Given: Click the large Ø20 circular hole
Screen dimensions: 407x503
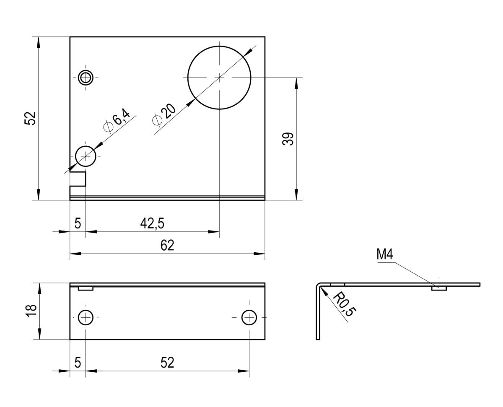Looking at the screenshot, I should point(219,78).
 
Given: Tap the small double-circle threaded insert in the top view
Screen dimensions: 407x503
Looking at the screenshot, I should point(86,78).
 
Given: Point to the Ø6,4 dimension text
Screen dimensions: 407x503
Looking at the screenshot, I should point(117,120).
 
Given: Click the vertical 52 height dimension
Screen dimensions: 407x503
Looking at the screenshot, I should point(30,118).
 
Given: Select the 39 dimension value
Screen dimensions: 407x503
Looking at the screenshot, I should point(288,139).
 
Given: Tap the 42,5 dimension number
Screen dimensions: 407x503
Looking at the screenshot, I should point(152,223).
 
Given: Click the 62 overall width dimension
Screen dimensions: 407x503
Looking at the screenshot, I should point(167,246).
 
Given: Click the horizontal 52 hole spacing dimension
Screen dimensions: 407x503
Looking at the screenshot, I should point(167,363).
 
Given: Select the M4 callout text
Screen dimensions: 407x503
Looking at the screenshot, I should point(385,254).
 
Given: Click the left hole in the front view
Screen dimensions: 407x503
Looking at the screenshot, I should point(86,318).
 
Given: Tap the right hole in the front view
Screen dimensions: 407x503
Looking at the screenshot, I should point(249,318).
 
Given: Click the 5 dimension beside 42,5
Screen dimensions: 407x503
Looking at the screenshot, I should point(78,223).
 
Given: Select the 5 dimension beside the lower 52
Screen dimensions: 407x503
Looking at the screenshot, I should point(78,363).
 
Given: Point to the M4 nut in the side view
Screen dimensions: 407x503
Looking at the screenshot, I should point(439,288).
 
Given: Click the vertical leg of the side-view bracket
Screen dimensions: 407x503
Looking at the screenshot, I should point(318,314).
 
